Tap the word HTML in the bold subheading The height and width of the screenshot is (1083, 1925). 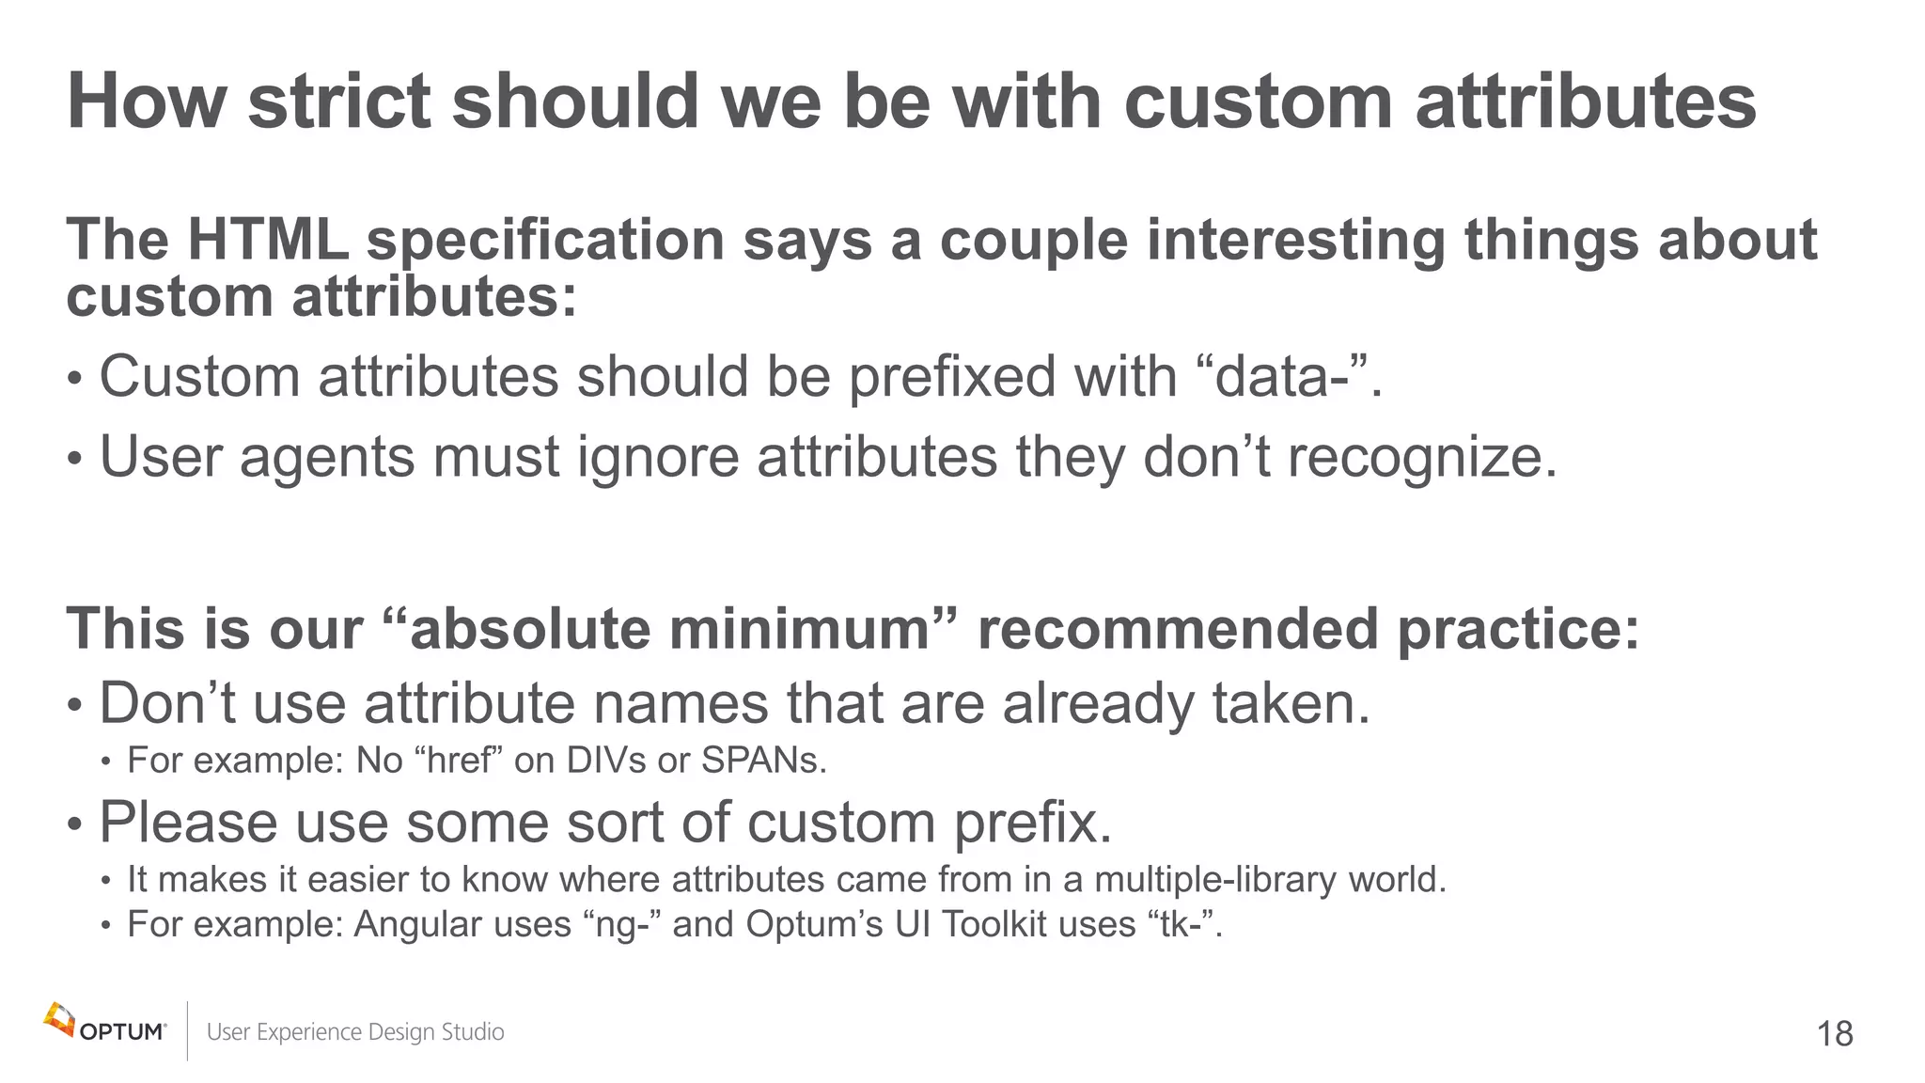click(x=268, y=240)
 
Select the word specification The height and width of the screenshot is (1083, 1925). click(x=545, y=242)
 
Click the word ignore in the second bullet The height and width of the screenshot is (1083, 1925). click(x=657, y=458)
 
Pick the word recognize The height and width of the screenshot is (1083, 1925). click(x=1420, y=458)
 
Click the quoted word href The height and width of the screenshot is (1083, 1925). click(x=460, y=760)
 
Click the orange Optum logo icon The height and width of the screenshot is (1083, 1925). click(x=59, y=1021)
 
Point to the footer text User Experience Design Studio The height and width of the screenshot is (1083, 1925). click(x=355, y=1032)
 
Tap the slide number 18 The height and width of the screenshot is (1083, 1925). click(x=1834, y=1034)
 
